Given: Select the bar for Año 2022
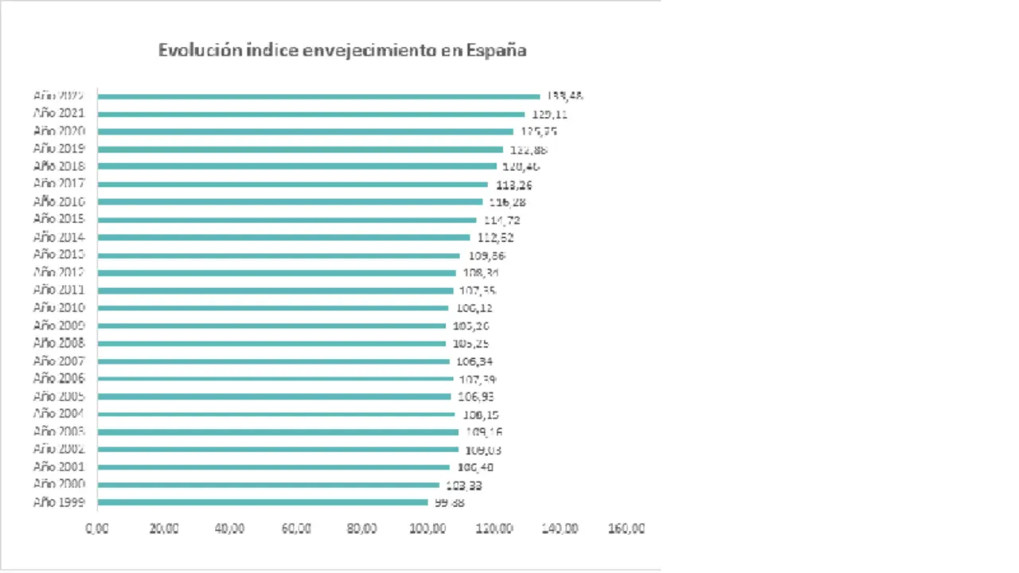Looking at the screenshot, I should (318, 96).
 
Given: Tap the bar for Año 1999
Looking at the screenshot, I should (263, 502).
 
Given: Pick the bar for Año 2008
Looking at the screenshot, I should (271, 344).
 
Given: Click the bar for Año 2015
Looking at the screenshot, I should (287, 220).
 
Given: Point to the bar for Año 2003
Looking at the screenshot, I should (278, 432).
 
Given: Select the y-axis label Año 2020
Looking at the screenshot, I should (59, 131).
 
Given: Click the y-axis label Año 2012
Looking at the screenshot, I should (59, 272).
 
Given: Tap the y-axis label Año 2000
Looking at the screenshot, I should (59, 485).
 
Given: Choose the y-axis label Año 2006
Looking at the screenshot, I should (59, 379).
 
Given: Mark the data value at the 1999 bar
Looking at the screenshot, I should (449, 502).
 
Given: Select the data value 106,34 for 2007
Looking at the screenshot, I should (474, 361).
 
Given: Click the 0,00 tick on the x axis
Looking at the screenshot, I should (97, 528).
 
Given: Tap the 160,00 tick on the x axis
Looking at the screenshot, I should (627, 528).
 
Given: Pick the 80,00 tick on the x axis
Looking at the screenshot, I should (362, 528).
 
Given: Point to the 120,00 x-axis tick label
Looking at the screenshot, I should (494, 528).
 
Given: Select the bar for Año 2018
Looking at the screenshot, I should (296, 166).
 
